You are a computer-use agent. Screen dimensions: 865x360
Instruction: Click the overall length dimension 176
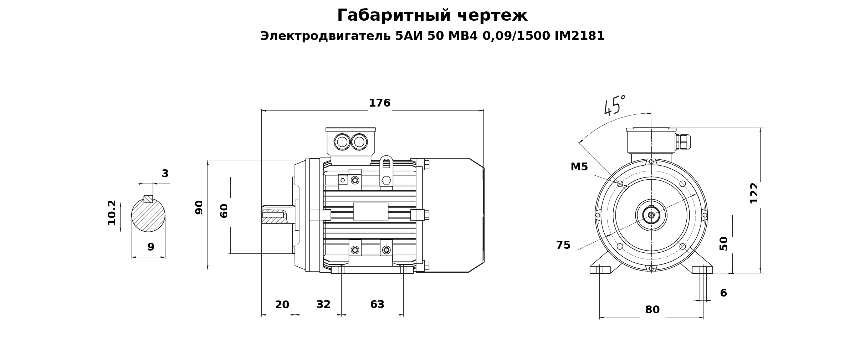pyautogui.click(x=379, y=103)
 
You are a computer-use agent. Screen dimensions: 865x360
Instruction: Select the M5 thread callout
pyautogui.click(x=579, y=167)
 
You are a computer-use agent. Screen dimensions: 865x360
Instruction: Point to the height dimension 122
pyautogui.click(x=754, y=193)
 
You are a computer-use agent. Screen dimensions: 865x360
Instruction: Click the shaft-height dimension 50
pyautogui.click(x=723, y=244)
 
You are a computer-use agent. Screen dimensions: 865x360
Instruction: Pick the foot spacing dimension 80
pyautogui.click(x=652, y=310)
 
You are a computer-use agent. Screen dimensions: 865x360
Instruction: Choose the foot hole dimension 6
pyautogui.click(x=723, y=293)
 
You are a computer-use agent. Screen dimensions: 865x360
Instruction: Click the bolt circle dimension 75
pyautogui.click(x=563, y=245)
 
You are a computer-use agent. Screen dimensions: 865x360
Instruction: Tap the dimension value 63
pyautogui.click(x=377, y=304)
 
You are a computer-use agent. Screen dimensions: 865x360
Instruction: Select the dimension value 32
pyautogui.click(x=323, y=304)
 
